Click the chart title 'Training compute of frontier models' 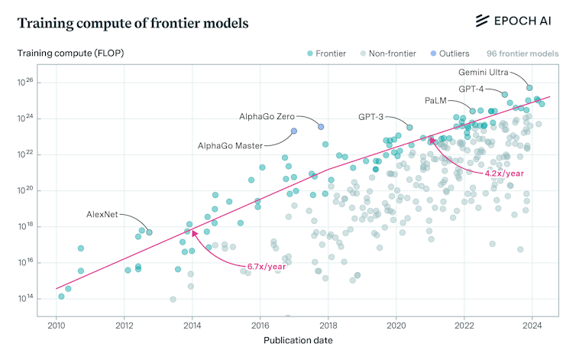tap(133, 23)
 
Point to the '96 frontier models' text tap(523, 54)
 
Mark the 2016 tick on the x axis tap(260, 326)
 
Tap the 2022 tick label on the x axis tap(464, 326)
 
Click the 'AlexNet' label tap(102, 214)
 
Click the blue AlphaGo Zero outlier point tap(321, 126)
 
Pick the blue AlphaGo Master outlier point tap(293, 131)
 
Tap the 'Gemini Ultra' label tap(484, 73)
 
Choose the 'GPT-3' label tap(371, 117)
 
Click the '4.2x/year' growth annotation tap(504, 174)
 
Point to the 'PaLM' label tap(436, 101)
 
